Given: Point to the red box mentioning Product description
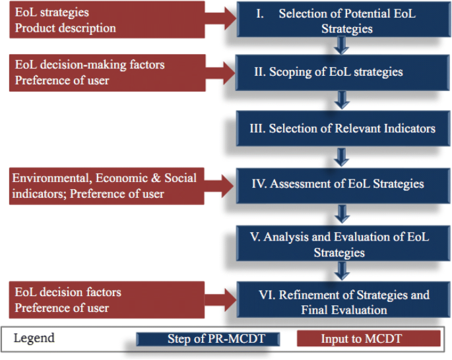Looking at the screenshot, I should tap(106, 20).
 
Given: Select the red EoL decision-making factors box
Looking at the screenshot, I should tap(106, 72).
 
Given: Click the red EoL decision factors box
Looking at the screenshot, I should tap(106, 300).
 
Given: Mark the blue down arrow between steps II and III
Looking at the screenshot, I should tap(341, 99).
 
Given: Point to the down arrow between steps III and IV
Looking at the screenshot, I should tap(341, 157).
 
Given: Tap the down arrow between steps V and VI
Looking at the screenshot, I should tap(341, 271).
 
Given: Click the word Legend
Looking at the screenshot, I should tap(34, 338).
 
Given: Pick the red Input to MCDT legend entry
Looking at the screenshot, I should tap(368, 339).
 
